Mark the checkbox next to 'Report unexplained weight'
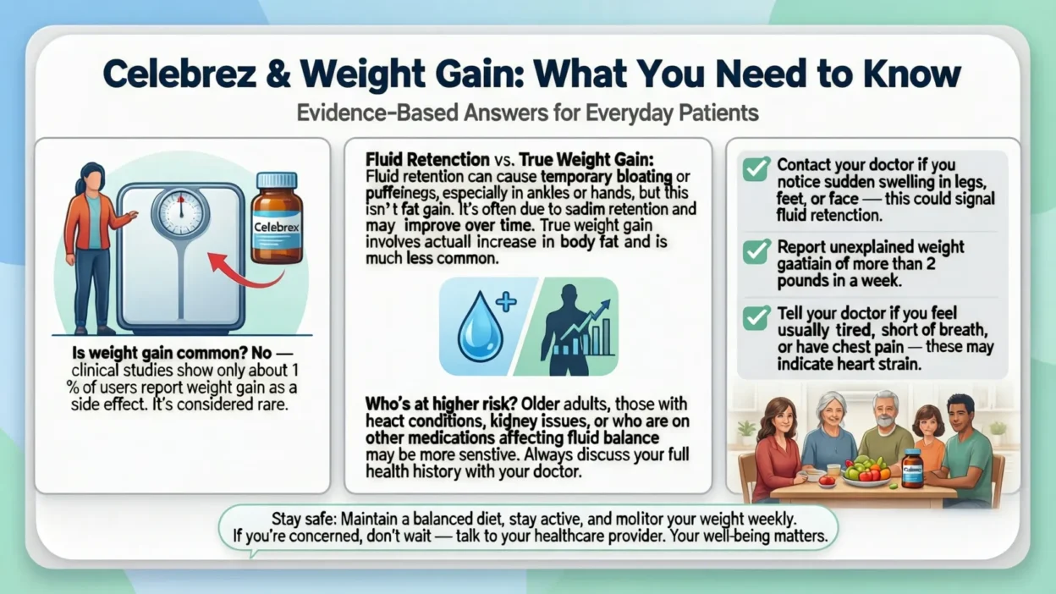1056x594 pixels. click(x=755, y=251)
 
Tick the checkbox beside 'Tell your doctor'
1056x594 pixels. click(x=755, y=317)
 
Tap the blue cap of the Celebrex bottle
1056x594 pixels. click(x=277, y=180)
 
